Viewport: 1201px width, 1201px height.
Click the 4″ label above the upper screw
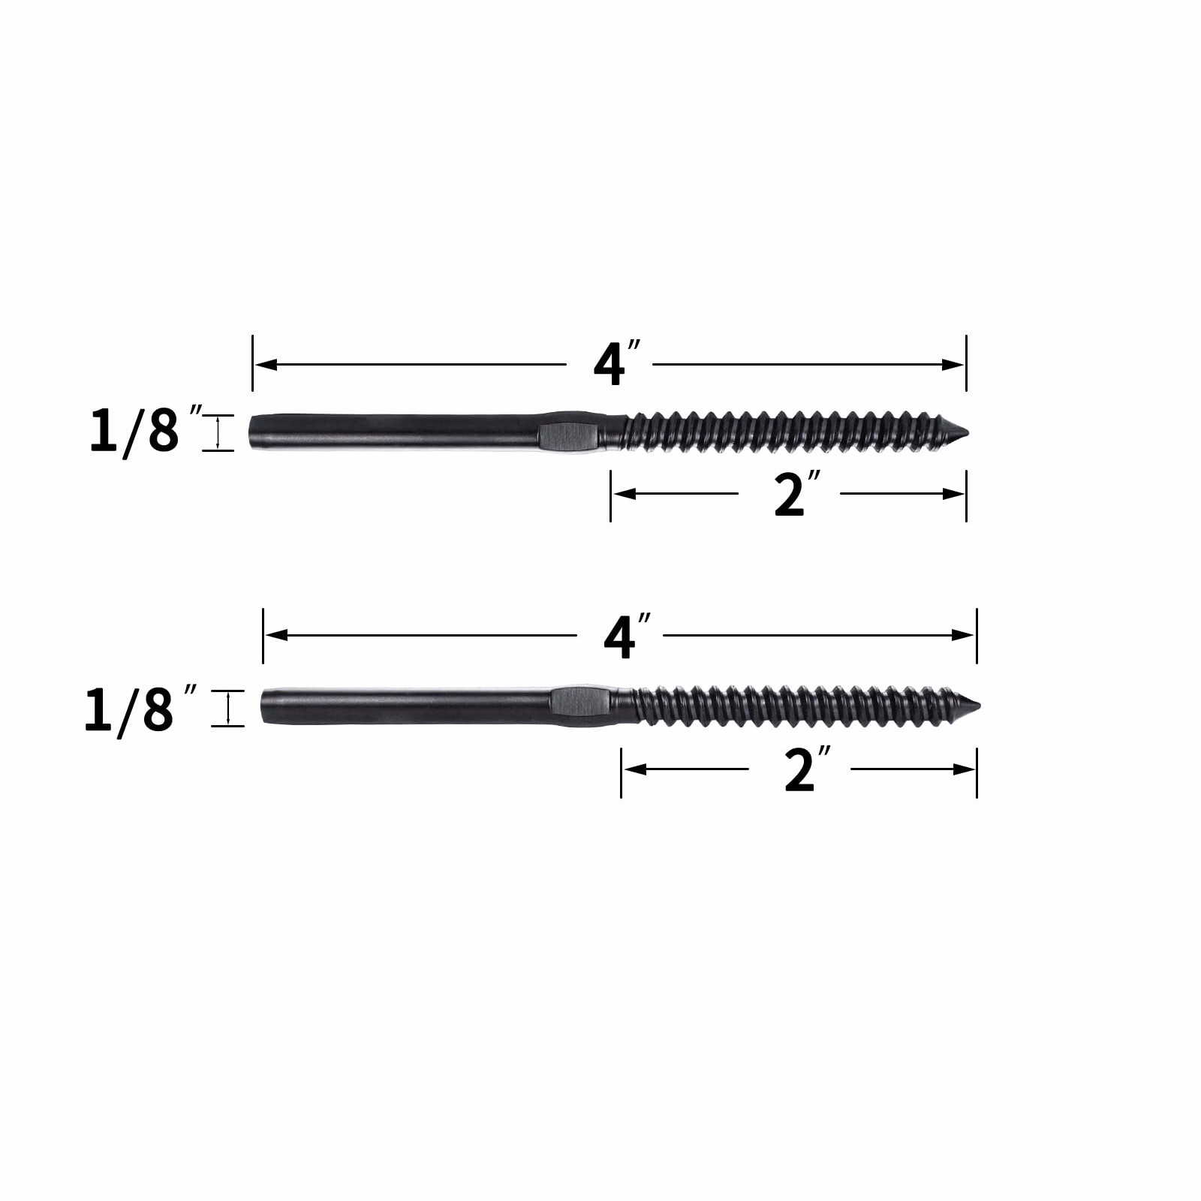[615, 364]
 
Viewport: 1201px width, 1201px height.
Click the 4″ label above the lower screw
[625, 636]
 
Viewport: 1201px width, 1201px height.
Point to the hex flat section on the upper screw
[568, 433]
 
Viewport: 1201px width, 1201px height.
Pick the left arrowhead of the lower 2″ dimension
[632, 769]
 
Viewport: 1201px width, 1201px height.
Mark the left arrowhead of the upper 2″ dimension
[622, 494]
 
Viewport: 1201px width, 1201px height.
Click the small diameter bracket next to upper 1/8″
[218, 433]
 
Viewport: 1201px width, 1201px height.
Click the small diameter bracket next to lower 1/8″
[227, 708]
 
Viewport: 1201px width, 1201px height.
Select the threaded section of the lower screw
[796, 706]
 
